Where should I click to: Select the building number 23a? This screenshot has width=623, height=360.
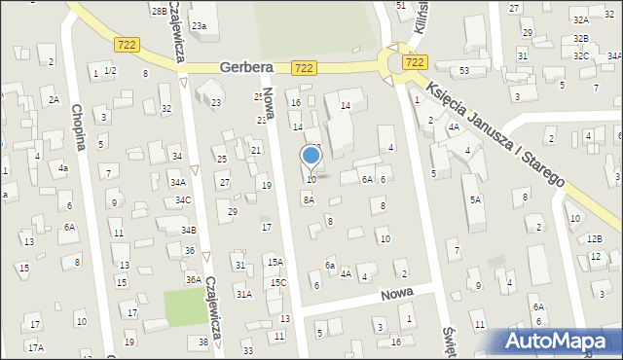pos(199,25)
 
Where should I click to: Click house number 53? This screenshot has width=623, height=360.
pos(464,70)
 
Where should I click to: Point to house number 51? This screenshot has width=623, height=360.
pos(401,6)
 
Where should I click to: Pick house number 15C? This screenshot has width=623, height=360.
pos(278,283)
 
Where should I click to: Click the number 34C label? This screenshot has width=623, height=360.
pos(183,199)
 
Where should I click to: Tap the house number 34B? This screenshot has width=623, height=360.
pos(188,230)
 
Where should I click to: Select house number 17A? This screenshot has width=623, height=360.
pos(35,347)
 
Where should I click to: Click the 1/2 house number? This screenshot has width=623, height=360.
pos(110,71)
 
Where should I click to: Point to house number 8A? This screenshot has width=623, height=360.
pos(309,199)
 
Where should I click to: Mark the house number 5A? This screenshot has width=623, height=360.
pos(475,199)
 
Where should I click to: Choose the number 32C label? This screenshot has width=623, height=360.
pos(581,55)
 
